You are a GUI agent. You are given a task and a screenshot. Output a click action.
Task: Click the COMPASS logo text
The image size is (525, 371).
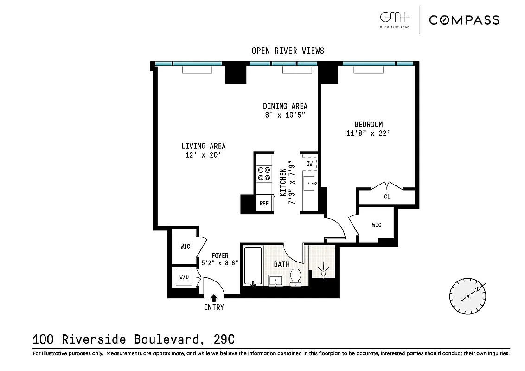[464, 19]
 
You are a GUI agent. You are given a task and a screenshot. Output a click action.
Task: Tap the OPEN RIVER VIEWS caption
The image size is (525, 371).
[288, 51]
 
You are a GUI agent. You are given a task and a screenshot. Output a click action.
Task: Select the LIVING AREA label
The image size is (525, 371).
[203, 146]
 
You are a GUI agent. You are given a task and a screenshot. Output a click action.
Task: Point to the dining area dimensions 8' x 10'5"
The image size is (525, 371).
[285, 115]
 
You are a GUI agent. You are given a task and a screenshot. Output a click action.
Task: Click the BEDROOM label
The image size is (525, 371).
[368, 124]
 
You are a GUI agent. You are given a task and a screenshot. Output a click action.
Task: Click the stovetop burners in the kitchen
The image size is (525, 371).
[264, 173]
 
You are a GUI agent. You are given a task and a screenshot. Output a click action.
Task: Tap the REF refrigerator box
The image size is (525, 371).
[264, 203]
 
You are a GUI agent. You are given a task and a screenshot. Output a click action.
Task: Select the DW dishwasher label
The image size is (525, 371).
[309, 163]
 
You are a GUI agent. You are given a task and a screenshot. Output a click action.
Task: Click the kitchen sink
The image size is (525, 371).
[310, 184]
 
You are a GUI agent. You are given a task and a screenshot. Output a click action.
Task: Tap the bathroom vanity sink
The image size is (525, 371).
[276, 280]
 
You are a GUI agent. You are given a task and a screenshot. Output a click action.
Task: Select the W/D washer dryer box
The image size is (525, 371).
[185, 278]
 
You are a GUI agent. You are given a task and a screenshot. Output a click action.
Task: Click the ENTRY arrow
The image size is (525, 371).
[214, 298]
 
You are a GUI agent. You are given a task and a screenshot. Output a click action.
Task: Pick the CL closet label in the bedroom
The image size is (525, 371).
[387, 197]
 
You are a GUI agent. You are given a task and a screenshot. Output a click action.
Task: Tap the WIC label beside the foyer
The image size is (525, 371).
[185, 246]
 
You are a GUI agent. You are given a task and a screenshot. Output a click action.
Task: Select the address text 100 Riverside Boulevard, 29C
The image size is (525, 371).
[134, 339]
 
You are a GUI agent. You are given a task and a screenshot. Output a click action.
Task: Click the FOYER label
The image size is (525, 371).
[220, 256]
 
